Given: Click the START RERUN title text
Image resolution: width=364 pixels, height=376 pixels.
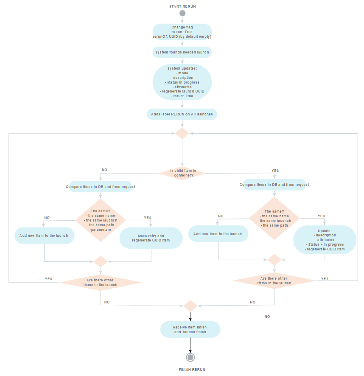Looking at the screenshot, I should pyautogui.click(x=182, y=6).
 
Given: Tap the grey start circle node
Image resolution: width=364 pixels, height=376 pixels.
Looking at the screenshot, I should pyautogui.click(x=182, y=13).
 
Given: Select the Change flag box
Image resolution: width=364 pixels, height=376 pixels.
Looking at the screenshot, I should pyautogui.click(x=182, y=32).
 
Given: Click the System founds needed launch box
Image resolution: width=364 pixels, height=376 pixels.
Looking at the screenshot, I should pyautogui.click(x=182, y=52).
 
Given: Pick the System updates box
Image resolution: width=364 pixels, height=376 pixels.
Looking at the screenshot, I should pyautogui.click(x=182, y=82).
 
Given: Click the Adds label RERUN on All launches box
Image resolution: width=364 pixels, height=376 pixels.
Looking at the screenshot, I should pyautogui.click(x=182, y=114).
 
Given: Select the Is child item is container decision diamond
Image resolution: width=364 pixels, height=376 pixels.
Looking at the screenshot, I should pyautogui.click(x=182, y=173).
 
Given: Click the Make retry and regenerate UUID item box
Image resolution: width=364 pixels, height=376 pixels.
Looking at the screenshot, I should pyautogui.click(x=151, y=238).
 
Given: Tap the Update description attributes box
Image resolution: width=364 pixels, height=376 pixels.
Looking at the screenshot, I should pyautogui.click(x=325, y=240).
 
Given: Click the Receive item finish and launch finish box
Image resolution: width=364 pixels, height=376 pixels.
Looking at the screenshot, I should pyautogui.click(x=190, y=329).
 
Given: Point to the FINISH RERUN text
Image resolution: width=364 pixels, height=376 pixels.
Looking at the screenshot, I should pyautogui.click(x=192, y=370).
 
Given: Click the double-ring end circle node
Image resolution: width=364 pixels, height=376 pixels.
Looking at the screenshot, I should pyautogui.click(x=190, y=357).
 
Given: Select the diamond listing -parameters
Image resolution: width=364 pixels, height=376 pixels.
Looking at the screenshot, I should pyautogui.click(x=101, y=220).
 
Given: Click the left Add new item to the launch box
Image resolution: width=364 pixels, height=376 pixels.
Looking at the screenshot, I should pyautogui.click(x=44, y=235).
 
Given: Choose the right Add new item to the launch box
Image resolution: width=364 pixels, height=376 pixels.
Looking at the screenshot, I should pyautogui.click(x=218, y=234).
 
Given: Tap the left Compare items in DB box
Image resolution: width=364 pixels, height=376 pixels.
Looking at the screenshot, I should pyautogui.click(x=101, y=186).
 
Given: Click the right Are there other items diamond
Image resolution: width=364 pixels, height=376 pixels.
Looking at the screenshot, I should pyautogui.click(x=274, y=281).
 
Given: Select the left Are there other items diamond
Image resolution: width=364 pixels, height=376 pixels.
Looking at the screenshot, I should pyautogui.click(x=100, y=282).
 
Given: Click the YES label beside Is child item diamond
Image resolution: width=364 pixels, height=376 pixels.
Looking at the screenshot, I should pyautogui.click(x=275, y=170).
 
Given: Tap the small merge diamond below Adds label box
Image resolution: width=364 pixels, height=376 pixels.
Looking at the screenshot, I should pyautogui.click(x=182, y=133).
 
